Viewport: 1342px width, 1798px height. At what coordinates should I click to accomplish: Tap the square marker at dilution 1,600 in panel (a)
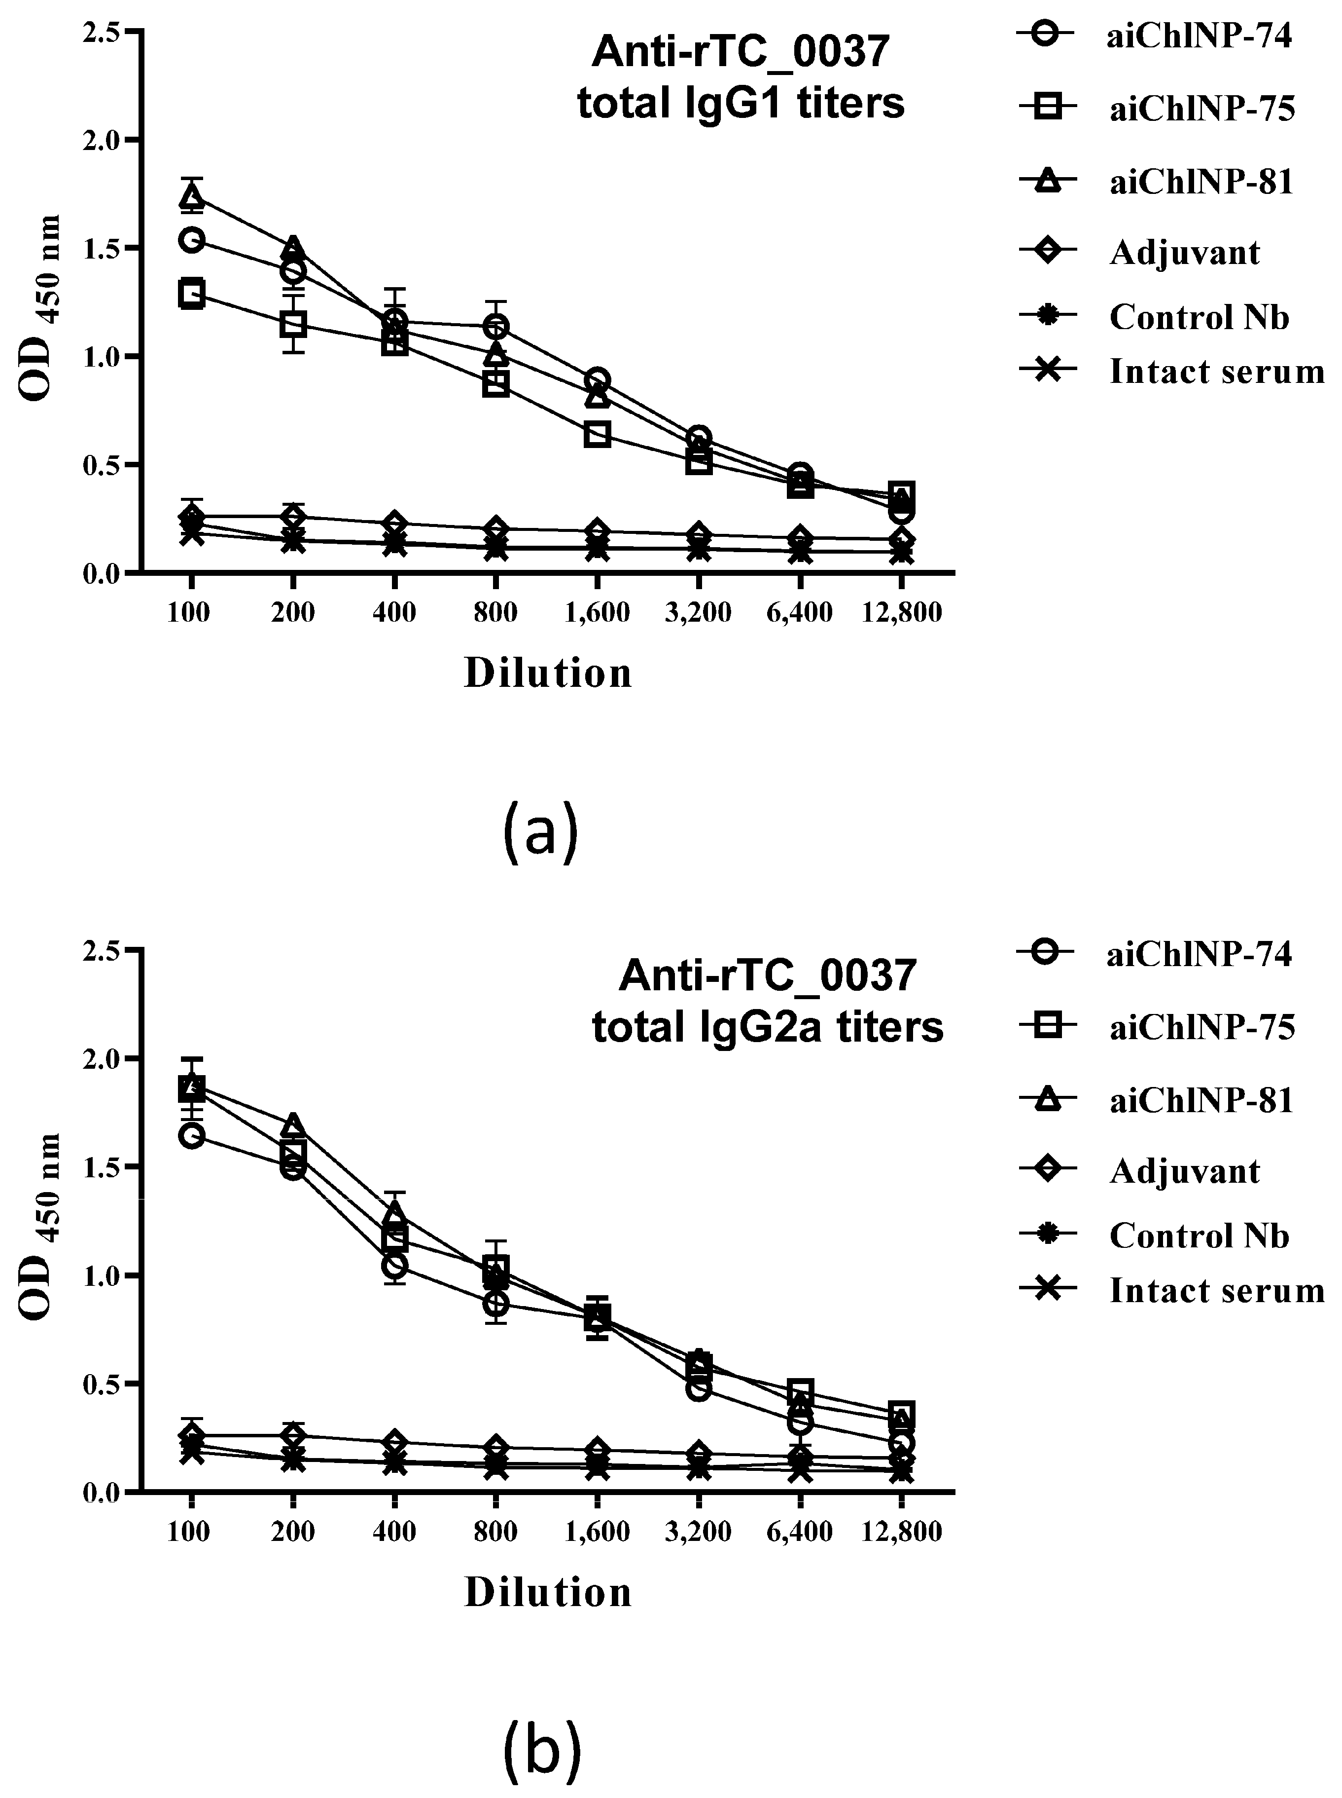(x=597, y=434)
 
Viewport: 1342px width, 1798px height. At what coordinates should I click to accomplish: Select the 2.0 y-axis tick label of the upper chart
(x=103, y=140)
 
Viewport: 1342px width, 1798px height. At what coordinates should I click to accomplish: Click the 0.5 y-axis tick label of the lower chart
(x=103, y=1384)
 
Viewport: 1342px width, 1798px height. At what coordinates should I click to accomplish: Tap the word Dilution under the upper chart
(x=548, y=674)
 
